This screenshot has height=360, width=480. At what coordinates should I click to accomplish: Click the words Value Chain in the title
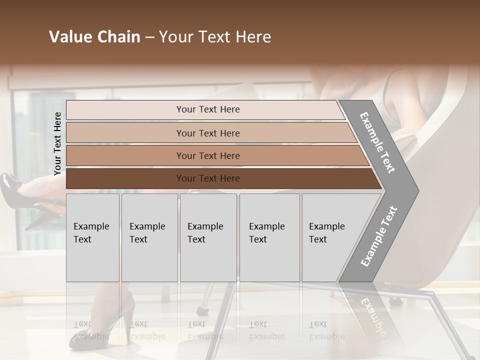coord(94,37)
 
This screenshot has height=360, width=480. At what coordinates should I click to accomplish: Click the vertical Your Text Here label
coord(57,143)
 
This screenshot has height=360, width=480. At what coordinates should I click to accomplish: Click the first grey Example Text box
coord(92,237)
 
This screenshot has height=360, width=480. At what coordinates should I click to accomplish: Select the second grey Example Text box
coord(149,237)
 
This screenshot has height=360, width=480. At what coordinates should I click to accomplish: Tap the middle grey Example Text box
coord(208,237)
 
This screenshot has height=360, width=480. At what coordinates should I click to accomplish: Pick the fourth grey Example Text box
coord(269,237)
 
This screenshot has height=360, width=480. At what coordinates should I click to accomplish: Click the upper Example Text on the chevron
coord(377,142)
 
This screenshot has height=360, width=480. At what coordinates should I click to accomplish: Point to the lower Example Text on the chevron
coord(379,236)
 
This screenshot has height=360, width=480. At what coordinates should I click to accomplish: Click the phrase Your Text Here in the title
coord(215,37)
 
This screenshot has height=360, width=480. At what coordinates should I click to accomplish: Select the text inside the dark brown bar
coord(208,178)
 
